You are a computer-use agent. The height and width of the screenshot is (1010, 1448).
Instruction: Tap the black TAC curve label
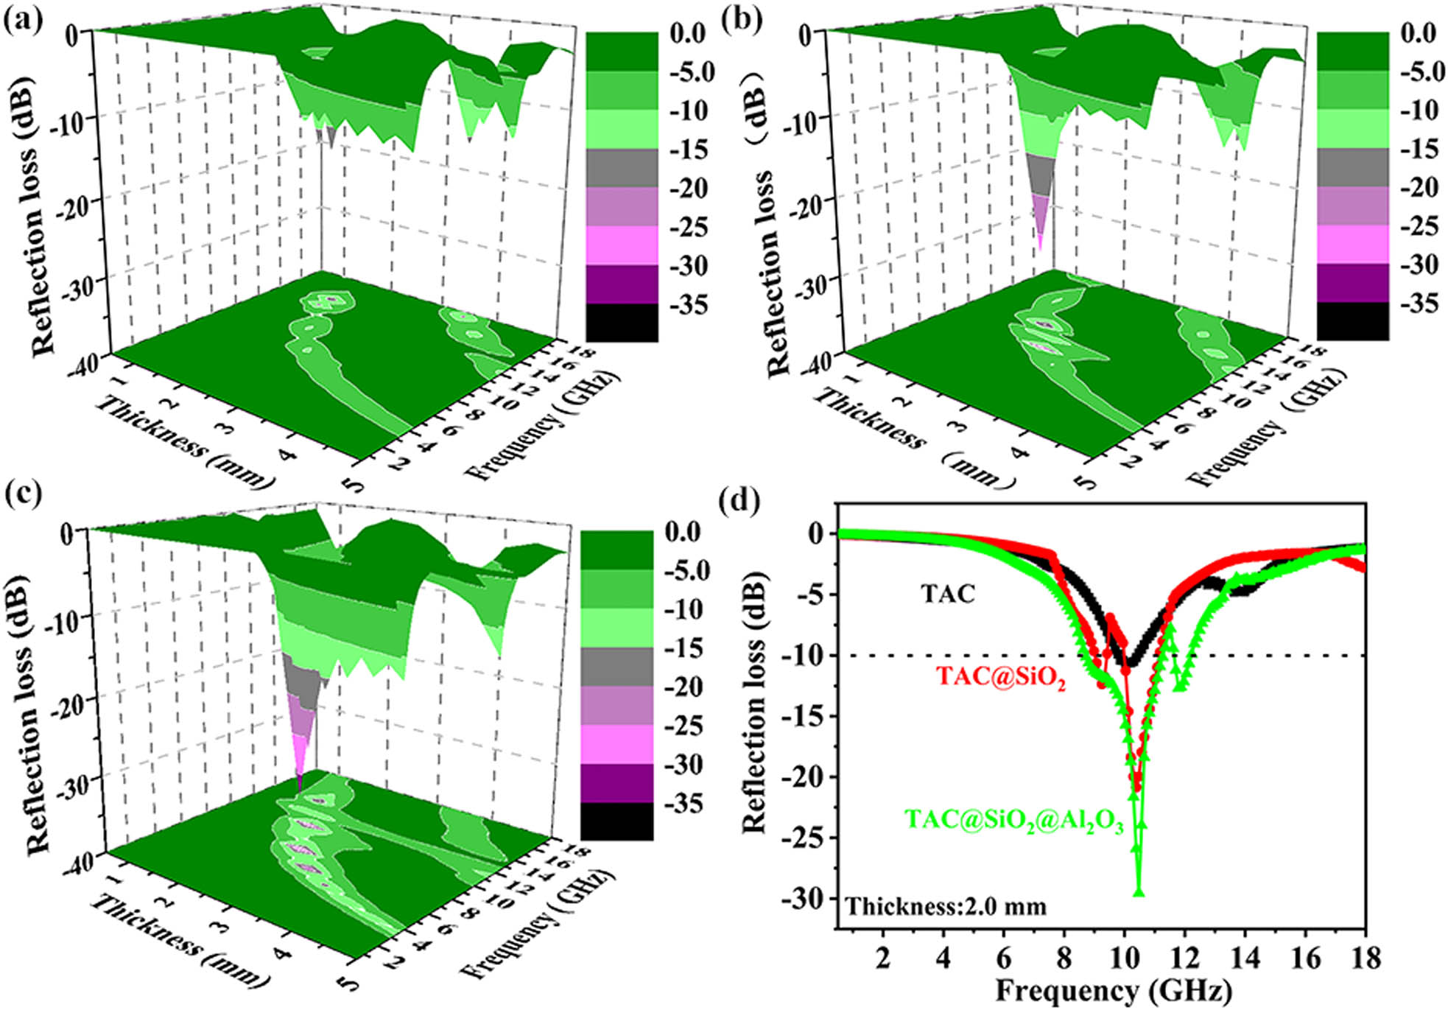pyautogui.click(x=948, y=593)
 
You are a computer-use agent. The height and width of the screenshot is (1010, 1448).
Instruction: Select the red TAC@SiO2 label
pyautogui.click(x=1001, y=676)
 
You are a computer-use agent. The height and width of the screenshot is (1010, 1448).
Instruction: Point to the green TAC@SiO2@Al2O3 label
pyautogui.click(x=1013, y=820)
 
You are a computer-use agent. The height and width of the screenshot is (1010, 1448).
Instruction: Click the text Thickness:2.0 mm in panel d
pyautogui.click(x=946, y=905)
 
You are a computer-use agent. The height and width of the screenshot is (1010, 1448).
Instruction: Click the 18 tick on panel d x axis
pyautogui.click(x=1365, y=957)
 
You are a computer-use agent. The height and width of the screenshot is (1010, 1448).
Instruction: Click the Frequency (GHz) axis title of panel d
pyautogui.click(x=1113, y=990)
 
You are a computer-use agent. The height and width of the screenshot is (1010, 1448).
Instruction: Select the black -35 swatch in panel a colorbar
pyautogui.click(x=622, y=323)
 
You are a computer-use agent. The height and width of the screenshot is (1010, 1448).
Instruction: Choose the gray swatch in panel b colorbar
pyautogui.click(x=1352, y=167)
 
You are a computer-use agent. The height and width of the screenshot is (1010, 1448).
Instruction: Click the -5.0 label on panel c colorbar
pyautogui.click(x=686, y=570)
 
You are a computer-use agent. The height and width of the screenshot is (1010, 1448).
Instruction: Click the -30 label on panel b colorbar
pyautogui.click(x=1419, y=264)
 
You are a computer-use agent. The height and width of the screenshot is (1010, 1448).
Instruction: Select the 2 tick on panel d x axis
pyautogui.click(x=882, y=957)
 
